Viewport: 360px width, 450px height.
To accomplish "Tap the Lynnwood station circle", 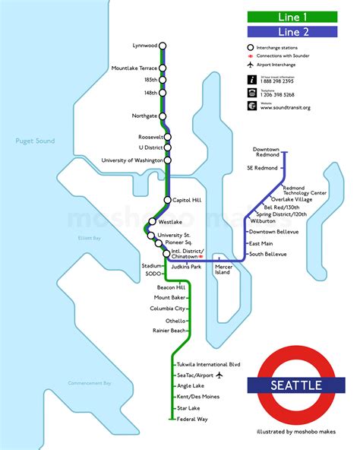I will (162, 43).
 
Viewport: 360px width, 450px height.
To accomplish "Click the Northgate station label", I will (144, 116).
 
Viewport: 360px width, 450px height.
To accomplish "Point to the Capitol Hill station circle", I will (167, 200).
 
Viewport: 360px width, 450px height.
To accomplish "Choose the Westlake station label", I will (170, 222).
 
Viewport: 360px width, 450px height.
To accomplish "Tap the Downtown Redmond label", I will (267, 152).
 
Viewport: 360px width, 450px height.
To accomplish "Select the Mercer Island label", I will (223, 270).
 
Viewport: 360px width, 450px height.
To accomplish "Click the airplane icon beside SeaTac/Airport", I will (219, 376).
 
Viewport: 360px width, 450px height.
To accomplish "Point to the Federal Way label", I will (194, 419).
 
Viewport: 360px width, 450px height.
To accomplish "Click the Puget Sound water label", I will (35, 141).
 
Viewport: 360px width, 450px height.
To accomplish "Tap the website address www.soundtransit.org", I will (286, 108).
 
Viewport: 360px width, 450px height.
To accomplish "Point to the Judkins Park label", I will (185, 267).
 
